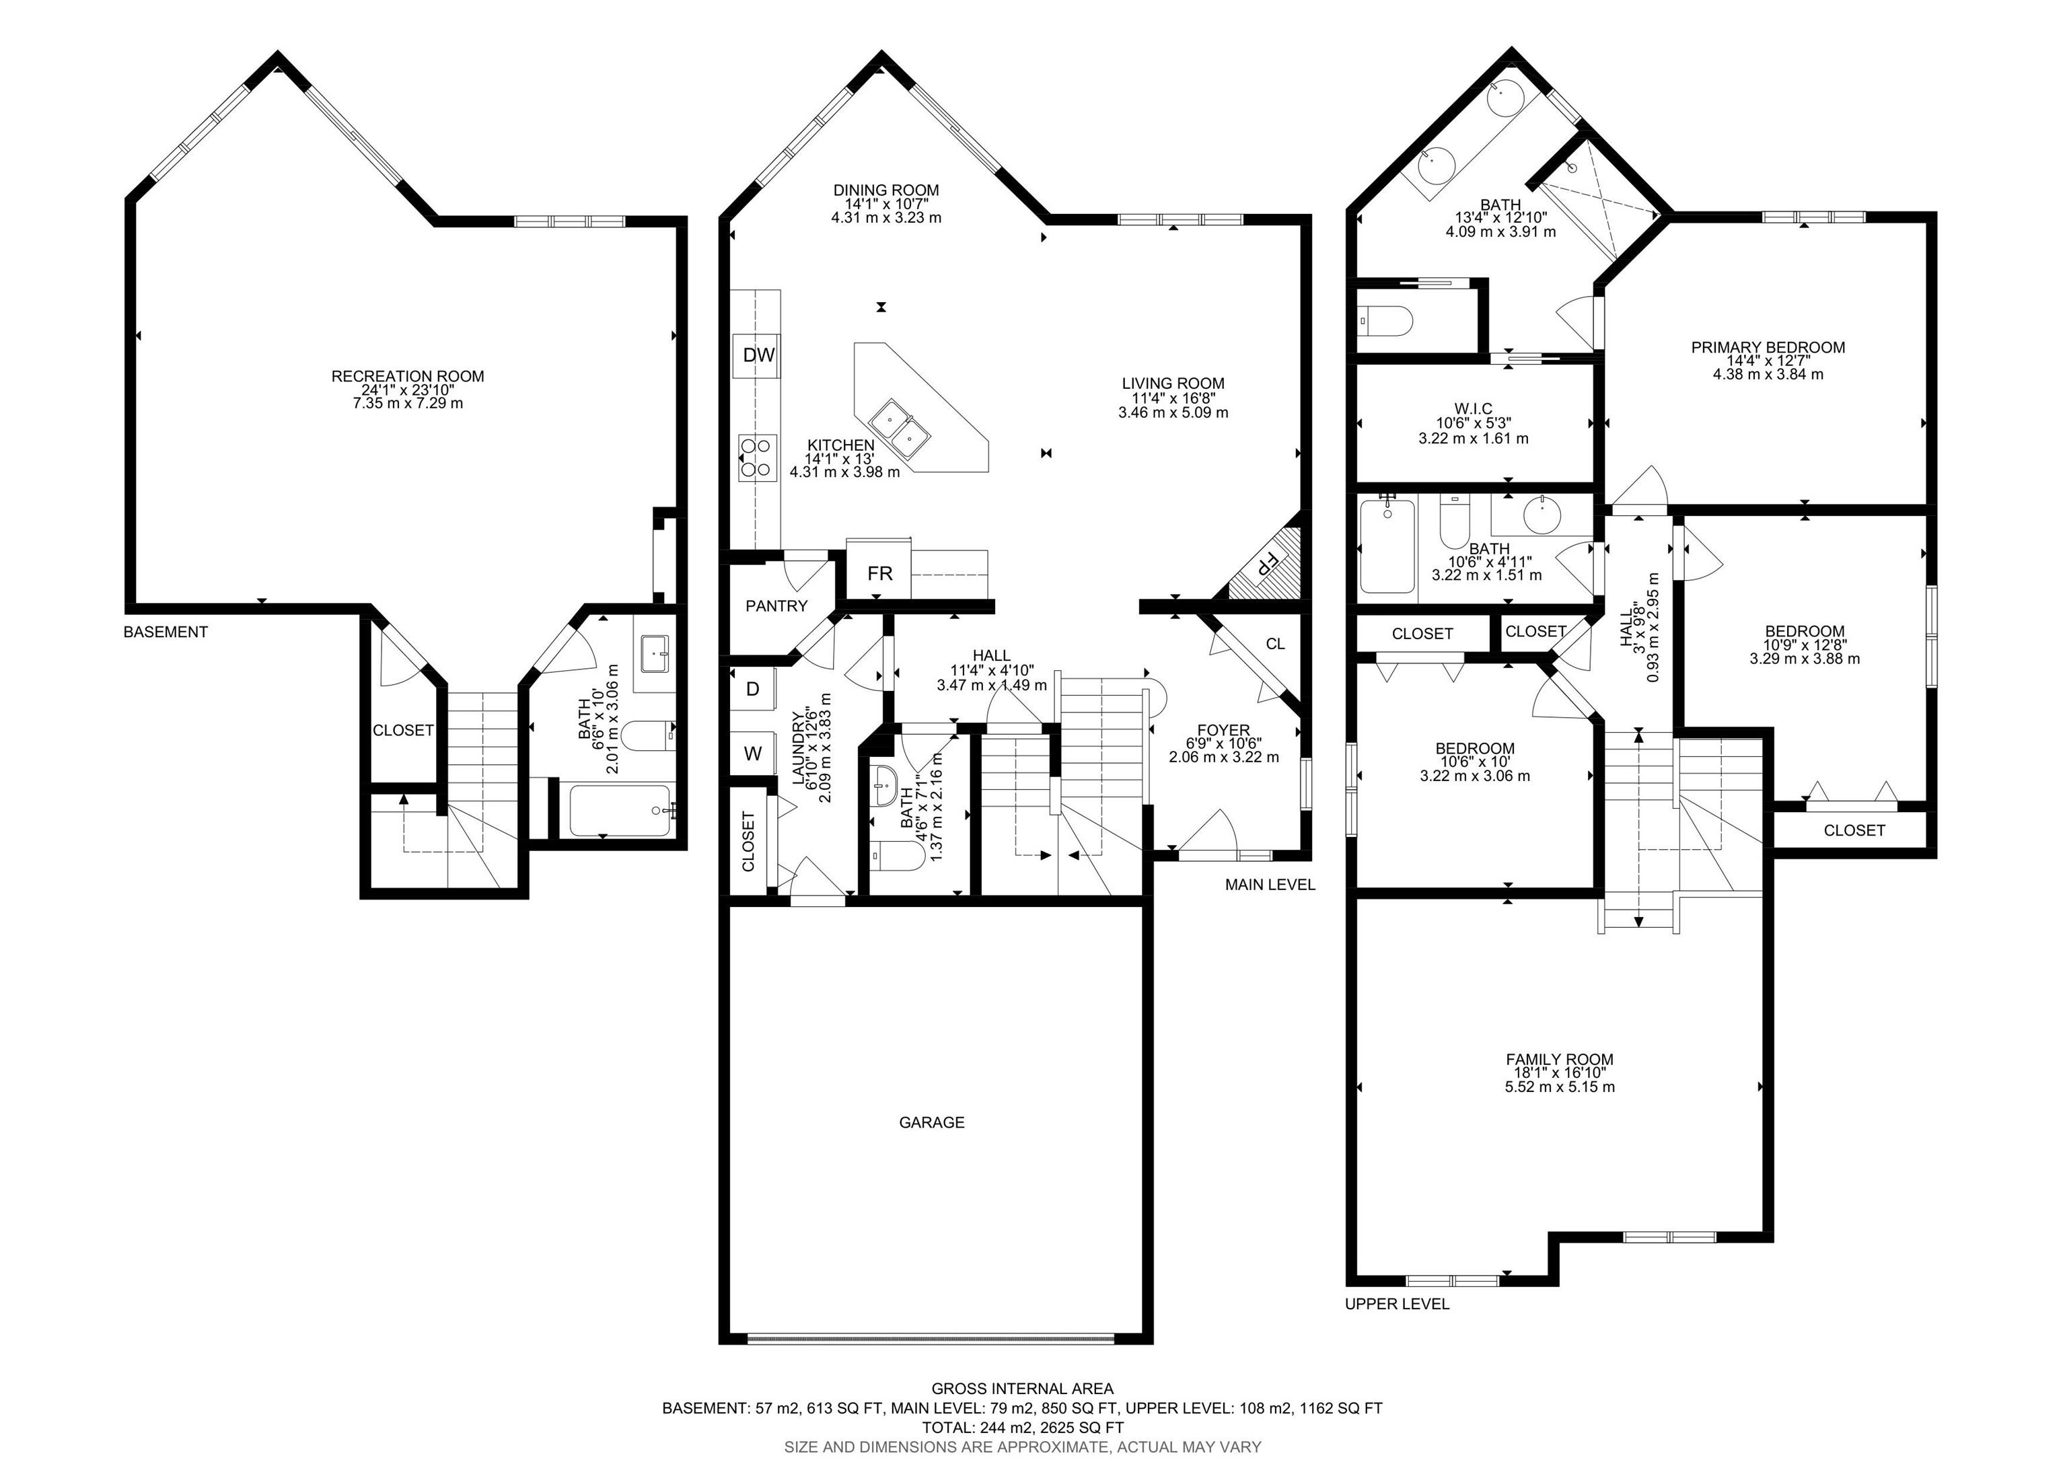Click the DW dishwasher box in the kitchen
[x=758, y=355]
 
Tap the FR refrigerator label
[x=879, y=573]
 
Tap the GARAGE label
[x=932, y=1122]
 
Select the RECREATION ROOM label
[x=408, y=376]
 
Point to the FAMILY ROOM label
[x=1559, y=1060]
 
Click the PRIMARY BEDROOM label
[x=1768, y=347]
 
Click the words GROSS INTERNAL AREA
[x=1022, y=1389]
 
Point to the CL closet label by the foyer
[x=1275, y=644]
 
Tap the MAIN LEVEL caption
[x=1270, y=885]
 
